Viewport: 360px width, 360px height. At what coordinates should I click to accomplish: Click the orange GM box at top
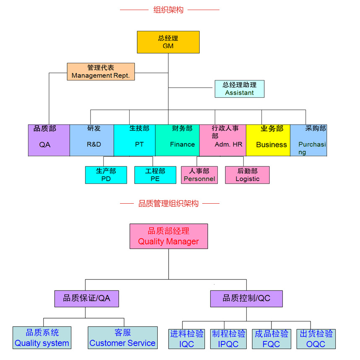click(x=168, y=42)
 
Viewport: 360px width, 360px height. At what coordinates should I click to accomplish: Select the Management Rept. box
click(x=101, y=72)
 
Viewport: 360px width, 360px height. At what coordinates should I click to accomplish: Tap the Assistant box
click(x=240, y=89)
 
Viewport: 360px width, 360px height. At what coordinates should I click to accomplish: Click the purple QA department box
click(x=49, y=140)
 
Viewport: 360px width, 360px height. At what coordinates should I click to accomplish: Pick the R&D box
click(x=92, y=140)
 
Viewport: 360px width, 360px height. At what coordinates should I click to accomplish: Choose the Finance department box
click(x=177, y=140)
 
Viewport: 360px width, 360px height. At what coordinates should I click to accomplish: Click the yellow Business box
click(x=268, y=140)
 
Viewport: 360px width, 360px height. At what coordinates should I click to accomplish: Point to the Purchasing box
click(x=308, y=140)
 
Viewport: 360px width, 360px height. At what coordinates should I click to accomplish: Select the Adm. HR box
click(x=222, y=140)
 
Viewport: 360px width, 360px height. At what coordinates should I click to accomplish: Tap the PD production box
click(x=106, y=175)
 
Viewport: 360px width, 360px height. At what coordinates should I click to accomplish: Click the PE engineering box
click(x=155, y=175)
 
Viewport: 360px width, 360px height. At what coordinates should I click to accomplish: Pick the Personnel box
click(x=199, y=175)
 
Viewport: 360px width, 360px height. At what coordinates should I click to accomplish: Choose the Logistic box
click(x=247, y=175)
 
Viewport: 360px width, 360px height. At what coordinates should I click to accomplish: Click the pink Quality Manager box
click(x=169, y=236)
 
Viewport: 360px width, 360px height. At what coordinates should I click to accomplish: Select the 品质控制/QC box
click(x=246, y=298)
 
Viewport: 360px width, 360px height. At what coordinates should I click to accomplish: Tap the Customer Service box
click(x=123, y=338)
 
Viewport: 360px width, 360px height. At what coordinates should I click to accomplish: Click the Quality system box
click(x=42, y=338)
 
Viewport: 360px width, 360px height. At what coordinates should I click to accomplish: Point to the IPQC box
click(x=228, y=339)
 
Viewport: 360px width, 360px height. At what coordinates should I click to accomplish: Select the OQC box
click(x=316, y=339)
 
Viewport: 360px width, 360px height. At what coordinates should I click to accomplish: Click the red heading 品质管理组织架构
click(x=169, y=204)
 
